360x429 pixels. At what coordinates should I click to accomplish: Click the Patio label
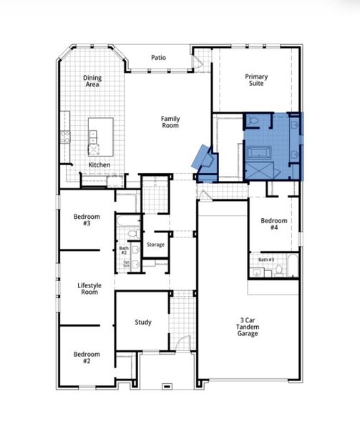pos(160,58)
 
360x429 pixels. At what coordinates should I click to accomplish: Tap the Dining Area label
pos(92,81)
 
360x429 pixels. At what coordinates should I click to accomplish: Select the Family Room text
pos(170,122)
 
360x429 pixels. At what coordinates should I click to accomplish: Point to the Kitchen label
pos(99,165)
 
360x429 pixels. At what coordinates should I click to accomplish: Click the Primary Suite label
pos(255,80)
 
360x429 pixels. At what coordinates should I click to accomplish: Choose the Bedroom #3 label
pos(86,220)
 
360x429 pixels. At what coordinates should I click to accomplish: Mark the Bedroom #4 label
pos(273,225)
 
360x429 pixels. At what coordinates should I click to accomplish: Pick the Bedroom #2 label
pos(86,357)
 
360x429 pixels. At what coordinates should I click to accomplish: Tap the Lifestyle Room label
pos(89,288)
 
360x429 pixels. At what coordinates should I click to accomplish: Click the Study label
pos(143,322)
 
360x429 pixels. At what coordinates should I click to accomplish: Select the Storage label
pos(155,245)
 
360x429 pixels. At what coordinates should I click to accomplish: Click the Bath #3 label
pos(266,260)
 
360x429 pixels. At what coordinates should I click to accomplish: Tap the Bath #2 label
pos(123,250)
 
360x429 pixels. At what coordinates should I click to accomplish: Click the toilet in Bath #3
pos(278,270)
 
